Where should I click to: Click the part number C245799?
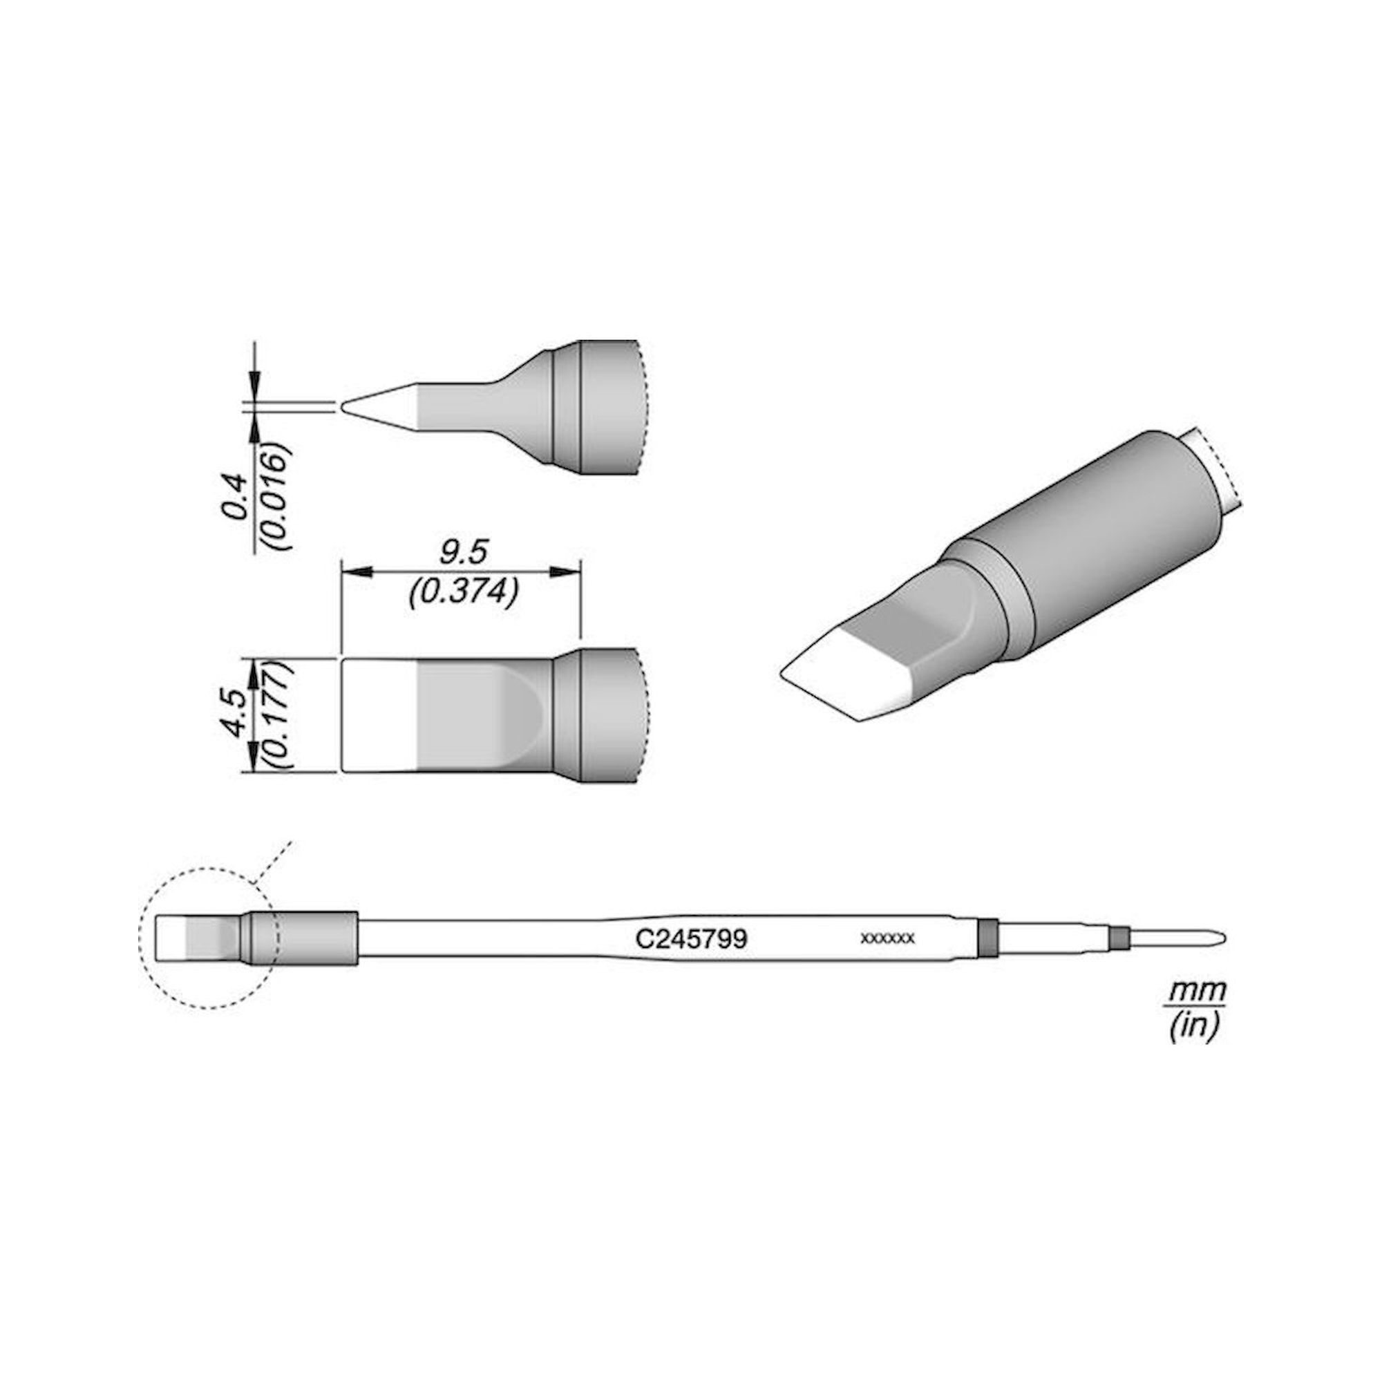691,938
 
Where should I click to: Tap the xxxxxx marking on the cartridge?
888,938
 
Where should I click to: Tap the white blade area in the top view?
379,714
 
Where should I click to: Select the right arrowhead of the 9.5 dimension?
566,571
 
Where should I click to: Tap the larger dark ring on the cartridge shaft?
987,938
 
